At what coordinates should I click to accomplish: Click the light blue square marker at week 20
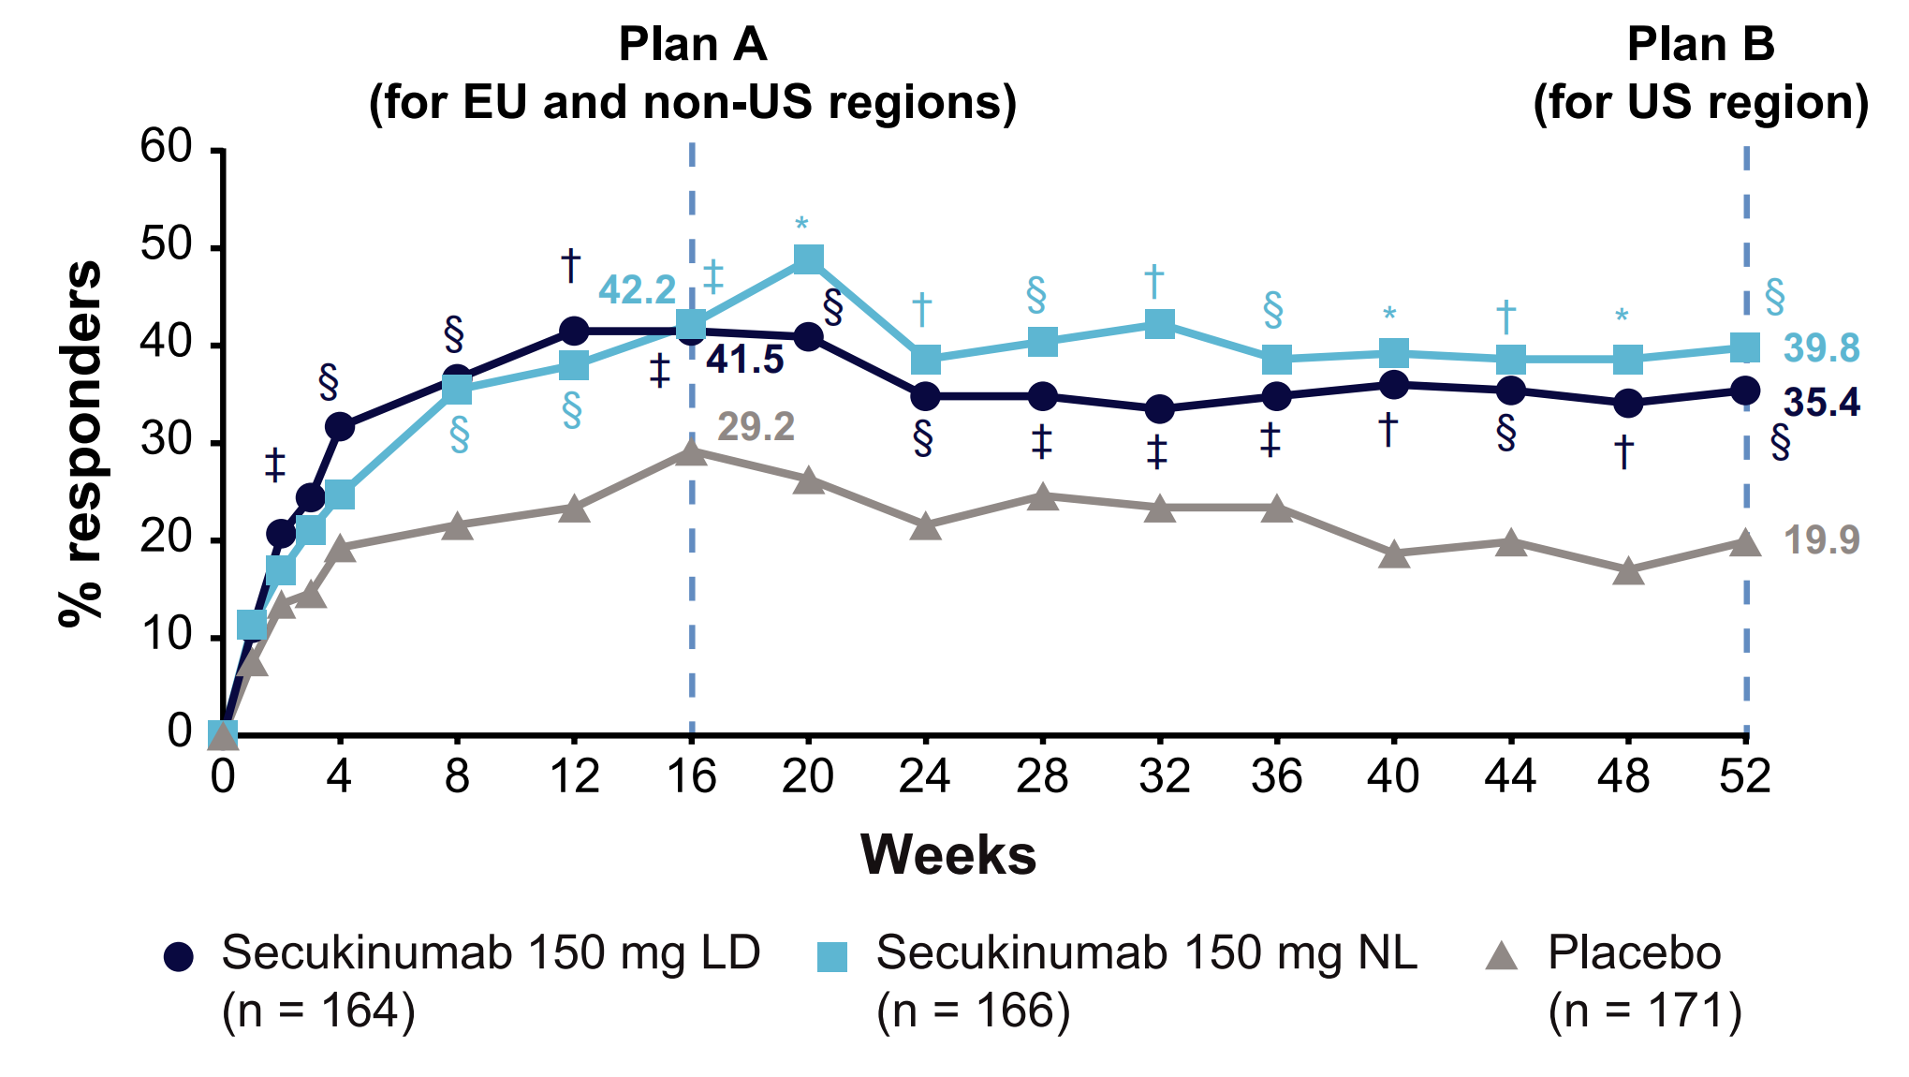808,258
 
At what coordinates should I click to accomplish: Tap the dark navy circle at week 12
574,331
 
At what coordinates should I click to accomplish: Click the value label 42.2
637,290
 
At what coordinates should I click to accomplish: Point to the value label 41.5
744,360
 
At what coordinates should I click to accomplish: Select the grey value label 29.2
756,428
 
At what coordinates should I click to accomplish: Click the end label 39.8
1821,348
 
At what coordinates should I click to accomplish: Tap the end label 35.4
1821,403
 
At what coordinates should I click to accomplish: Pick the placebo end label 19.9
1821,540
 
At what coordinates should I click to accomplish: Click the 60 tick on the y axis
166,147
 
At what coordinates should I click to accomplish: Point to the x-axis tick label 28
1042,777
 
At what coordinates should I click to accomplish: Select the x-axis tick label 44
1510,777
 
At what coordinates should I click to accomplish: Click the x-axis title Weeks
948,855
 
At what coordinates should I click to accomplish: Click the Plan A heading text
693,45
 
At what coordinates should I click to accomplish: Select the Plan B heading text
1700,45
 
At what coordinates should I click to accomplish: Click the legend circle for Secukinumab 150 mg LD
179,956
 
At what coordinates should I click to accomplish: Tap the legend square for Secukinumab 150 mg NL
832,956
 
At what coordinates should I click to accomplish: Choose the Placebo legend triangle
1503,955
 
